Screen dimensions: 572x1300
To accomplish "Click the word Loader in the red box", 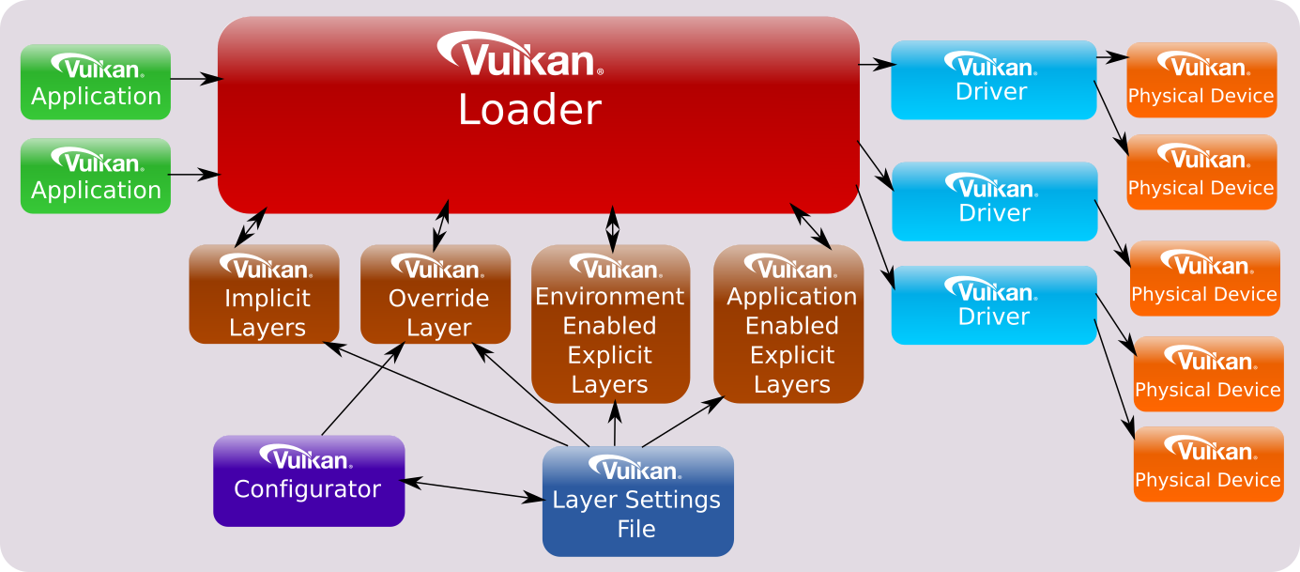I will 529,111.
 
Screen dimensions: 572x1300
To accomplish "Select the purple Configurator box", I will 309,480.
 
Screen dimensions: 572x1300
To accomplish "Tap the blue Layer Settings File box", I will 637,501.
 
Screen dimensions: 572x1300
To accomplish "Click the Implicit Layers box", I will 264,294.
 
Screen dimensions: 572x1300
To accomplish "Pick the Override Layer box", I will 436,294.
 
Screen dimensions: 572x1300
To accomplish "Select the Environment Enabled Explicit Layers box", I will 610,324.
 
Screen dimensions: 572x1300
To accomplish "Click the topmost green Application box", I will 96,82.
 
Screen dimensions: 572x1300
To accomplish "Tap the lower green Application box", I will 96,176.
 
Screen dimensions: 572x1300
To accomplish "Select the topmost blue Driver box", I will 993,80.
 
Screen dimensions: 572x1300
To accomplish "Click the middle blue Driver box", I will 993,201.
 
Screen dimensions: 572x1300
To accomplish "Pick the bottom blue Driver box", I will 993,305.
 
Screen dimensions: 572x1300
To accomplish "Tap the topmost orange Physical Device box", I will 1201,80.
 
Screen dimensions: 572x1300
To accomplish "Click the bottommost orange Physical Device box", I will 1208,464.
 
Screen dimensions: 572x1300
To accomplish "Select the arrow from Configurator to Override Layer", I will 363,389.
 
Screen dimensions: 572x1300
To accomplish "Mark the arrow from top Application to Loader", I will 194,80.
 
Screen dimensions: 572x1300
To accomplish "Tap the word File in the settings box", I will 635,529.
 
